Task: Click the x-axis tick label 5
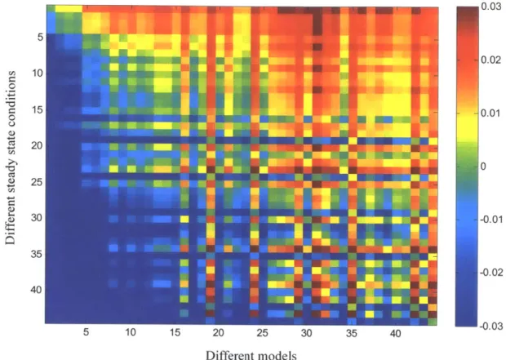pos(86,332)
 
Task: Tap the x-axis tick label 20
pos(218,332)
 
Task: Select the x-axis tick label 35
pos(352,333)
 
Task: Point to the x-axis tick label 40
pos(395,333)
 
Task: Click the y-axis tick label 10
pos(37,73)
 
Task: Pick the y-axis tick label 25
pos(37,182)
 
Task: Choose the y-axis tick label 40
pos(37,290)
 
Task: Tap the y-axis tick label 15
pos(37,109)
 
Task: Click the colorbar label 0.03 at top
pos(490,7)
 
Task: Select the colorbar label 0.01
pos(490,113)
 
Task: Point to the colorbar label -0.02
pos(492,273)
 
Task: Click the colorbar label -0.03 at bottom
pos(492,326)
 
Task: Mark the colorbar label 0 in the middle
pos(483,167)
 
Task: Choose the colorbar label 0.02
pos(490,60)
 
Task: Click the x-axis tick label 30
pos(307,332)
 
